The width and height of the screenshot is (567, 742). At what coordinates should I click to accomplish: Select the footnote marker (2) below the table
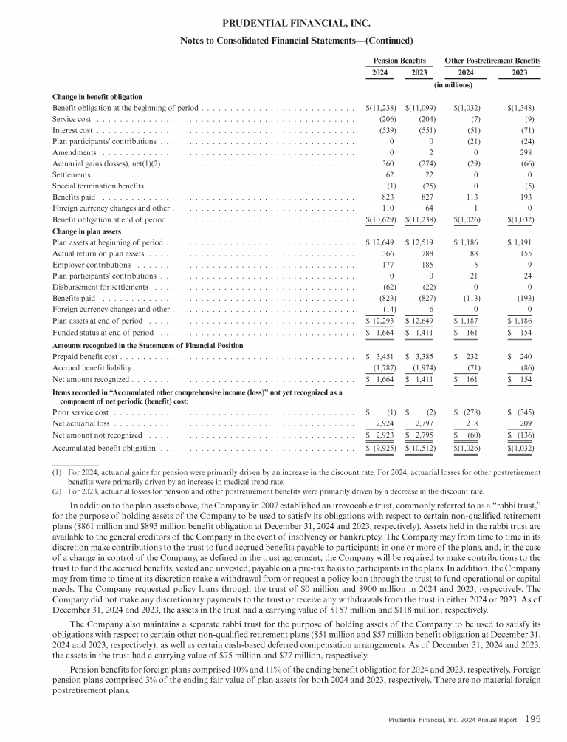55,489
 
